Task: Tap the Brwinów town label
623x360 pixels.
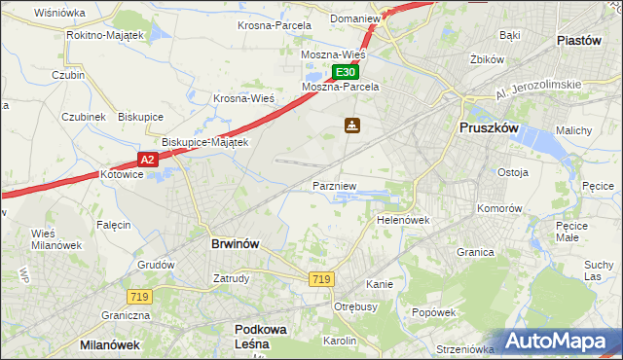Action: tap(235, 244)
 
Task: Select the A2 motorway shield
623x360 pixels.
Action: tap(146, 159)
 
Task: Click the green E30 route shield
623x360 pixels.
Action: tap(347, 72)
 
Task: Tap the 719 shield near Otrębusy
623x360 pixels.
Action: tap(321, 279)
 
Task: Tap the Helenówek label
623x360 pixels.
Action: tap(403, 221)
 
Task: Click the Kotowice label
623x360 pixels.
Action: tap(123, 175)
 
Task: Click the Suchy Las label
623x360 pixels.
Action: tap(598, 270)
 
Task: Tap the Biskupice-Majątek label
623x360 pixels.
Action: tap(205, 142)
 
